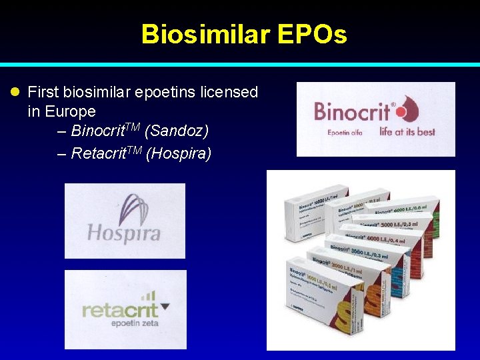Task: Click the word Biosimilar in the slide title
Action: coord(201,35)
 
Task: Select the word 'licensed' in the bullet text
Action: coord(229,92)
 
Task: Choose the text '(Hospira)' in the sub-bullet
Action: coord(179,154)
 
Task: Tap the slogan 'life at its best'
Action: coord(407,131)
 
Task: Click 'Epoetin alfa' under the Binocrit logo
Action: coord(347,132)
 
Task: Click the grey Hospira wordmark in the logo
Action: coord(124,233)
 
